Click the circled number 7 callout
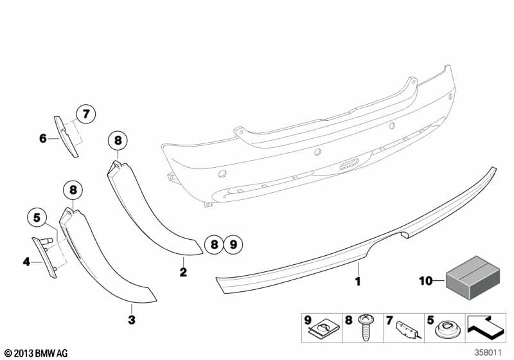pyautogui.click(x=85, y=114)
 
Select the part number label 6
pyautogui.click(x=43, y=138)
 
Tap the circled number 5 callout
pyautogui.click(x=37, y=218)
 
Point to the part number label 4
pyautogui.click(x=26, y=261)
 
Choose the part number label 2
pyautogui.click(x=183, y=272)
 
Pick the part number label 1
pyautogui.click(x=359, y=281)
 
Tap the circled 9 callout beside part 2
pyautogui.click(x=233, y=244)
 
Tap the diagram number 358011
pyautogui.click(x=488, y=352)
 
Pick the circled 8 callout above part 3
pyautogui.click(x=73, y=190)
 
